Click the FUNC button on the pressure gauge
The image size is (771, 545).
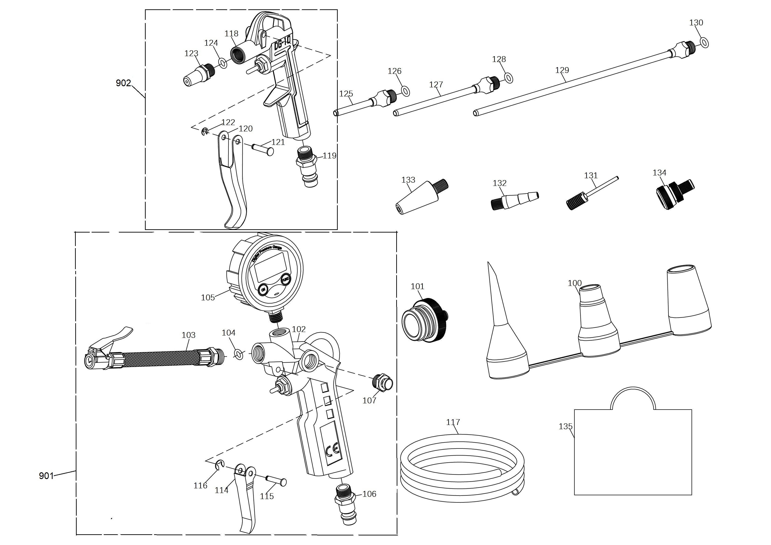tap(286, 279)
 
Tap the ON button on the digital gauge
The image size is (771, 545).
tap(263, 289)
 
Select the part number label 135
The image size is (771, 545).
tap(565, 426)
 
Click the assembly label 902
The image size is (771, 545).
tap(123, 83)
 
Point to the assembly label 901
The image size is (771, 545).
tap(46, 476)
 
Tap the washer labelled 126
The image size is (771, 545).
tap(405, 91)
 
